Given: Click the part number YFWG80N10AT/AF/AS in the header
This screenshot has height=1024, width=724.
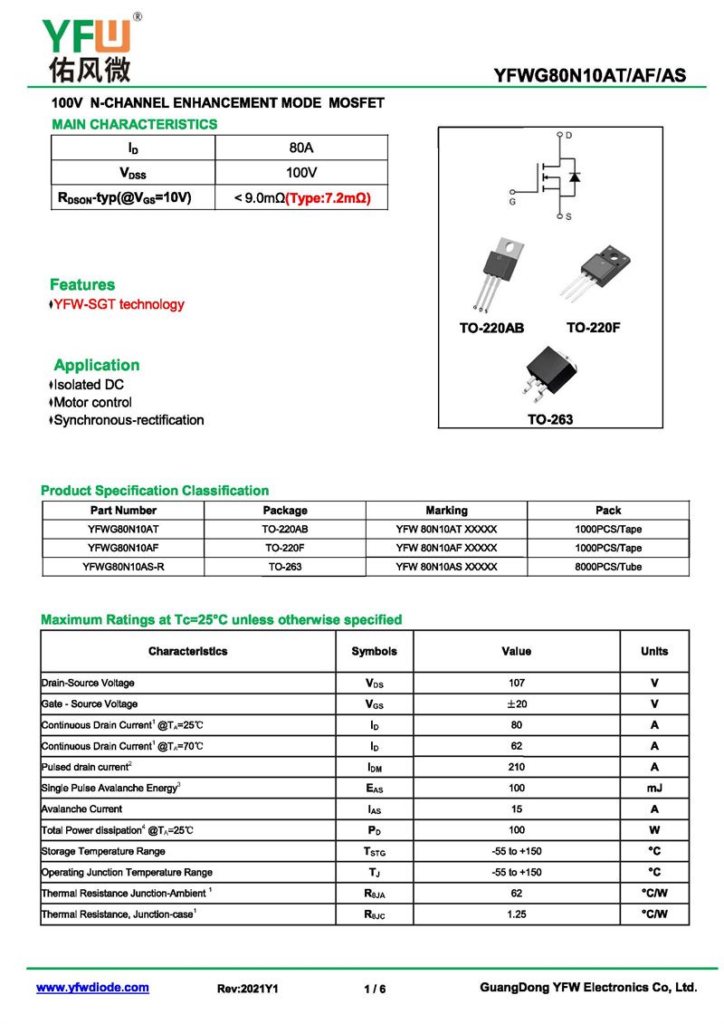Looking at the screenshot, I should (x=589, y=76).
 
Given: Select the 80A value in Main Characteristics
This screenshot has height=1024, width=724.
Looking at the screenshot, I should (x=301, y=148).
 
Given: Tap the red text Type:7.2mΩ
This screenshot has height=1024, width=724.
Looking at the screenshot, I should (x=329, y=196).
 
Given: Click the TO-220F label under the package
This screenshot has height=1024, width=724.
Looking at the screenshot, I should (x=594, y=328).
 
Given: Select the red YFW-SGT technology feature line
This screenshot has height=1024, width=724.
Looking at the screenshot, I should (x=119, y=304).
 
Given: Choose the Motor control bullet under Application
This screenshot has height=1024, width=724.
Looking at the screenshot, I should (x=92, y=402).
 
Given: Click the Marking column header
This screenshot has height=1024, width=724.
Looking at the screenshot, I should (x=446, y=511).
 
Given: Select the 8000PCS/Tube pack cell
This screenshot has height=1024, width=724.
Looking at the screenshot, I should (x=608, y=567).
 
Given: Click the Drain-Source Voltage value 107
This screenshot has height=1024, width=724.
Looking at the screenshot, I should (x=516, y=683).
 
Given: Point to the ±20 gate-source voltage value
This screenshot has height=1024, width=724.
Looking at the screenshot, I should (x=516, y=703).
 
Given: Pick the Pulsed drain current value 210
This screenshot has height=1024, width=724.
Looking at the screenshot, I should (x=516, y=767).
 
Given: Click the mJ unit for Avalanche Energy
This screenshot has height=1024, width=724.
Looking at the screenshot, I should (x=654, y=788).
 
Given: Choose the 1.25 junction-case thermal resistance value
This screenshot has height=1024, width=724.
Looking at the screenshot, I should (x=516, y=914).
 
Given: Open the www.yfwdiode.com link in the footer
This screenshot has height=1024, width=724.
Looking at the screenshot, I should (x=92, y=988).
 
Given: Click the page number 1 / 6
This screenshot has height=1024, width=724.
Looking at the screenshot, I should (x=375, y=989).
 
